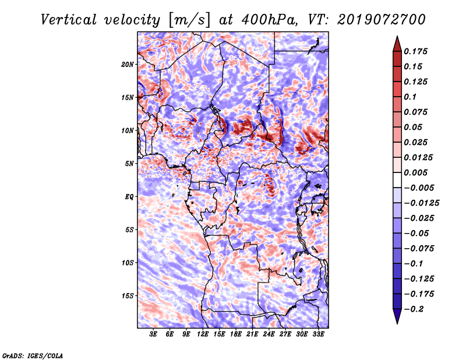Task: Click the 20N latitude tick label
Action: [128, 65]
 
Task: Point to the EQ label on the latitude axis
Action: [129, 197]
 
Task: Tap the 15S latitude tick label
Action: [128, 296]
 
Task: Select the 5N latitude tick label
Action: [129, 164]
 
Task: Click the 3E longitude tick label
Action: [153, 334]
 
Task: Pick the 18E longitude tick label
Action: [236, 334]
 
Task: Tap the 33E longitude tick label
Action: [318, 334]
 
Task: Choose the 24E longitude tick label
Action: [269, 334]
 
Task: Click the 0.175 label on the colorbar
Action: [415, 51]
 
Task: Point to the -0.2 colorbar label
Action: [414, 309]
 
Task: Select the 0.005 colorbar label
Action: [415, 172]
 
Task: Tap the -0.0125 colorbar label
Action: [421, 203]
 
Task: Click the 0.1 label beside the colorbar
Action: [410, 97]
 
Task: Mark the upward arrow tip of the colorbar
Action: [397, 36]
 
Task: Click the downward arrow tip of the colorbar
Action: [397, 323]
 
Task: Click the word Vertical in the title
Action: [69, 20]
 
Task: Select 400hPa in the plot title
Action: [269, 20]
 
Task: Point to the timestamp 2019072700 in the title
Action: [382, 20]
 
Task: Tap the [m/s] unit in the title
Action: [189, 20]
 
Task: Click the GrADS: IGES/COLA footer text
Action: [33, 356]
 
